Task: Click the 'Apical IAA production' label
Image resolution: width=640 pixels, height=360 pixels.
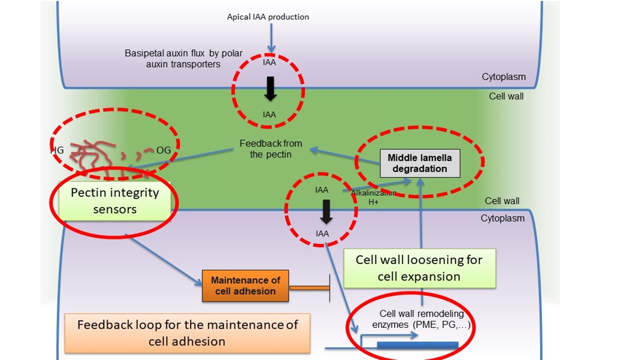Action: coord(268,17)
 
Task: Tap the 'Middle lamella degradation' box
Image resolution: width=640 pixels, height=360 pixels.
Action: coord(419,163)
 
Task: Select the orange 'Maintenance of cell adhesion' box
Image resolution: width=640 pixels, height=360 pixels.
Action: coord(245,285)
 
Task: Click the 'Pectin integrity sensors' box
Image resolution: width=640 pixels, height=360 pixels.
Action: coord(114,201)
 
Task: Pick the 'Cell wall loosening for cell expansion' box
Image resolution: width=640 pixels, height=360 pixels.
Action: coord(419,268)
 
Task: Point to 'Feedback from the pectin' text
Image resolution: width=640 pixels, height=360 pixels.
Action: coord(270,149)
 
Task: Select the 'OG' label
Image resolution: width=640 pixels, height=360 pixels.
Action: coord(163,149)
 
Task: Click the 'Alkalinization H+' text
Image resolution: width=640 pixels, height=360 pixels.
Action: coord(373,197)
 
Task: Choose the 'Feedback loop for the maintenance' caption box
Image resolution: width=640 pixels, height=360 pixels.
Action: coord(187,333)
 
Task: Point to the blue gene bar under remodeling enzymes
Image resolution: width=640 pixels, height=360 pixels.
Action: coord(417,344)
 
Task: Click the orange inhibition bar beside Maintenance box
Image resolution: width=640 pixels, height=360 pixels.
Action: coord(309,287)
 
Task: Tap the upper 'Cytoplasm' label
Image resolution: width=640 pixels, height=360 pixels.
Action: coord(503,77)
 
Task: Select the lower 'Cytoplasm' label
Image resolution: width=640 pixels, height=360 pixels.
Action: coord(502,218)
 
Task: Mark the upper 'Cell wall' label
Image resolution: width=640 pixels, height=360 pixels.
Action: coord(506,96)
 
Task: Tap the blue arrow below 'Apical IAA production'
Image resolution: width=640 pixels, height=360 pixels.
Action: coord(270,37)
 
